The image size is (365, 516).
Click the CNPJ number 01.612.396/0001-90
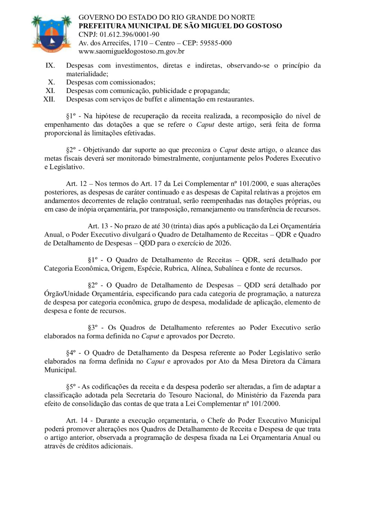(129, 35)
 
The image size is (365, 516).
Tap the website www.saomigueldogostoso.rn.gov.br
(131, 51)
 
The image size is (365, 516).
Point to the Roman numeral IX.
(50, 66)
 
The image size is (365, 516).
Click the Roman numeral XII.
(49, 100)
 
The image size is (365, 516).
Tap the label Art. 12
(76, 184)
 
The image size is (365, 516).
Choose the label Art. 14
(77, 421)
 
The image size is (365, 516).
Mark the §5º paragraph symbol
(71, 387)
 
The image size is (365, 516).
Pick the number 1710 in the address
(140, 43)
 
